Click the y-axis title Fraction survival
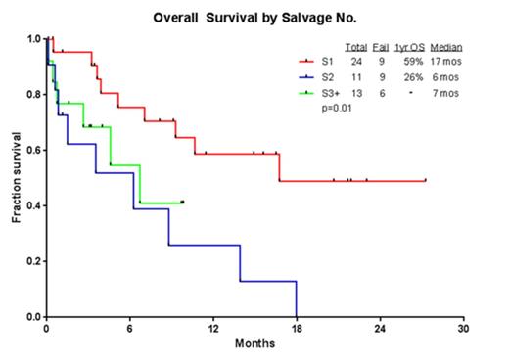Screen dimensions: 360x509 pyautogui.click(x=17, y=176)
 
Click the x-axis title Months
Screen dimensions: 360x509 pyautogui.click(x=253, y=343)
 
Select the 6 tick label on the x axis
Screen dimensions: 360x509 pyautogui.click(x=129, y=329)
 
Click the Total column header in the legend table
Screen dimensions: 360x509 pyautogui.click(x=355, y=47)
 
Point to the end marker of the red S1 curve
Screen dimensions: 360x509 pyautogui.click(x=426, y=180)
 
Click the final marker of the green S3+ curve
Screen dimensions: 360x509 pyautogui.click(x=183, y=202)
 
